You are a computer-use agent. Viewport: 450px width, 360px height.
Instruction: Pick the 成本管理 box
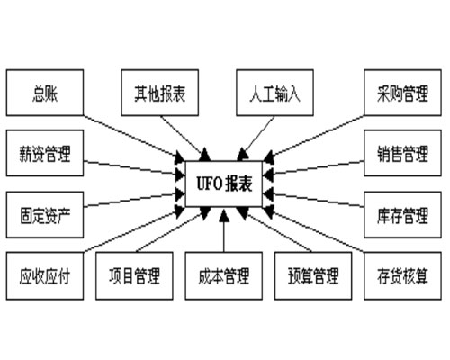(222, 275)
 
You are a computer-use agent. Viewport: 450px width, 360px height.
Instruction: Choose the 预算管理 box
(312, 275)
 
